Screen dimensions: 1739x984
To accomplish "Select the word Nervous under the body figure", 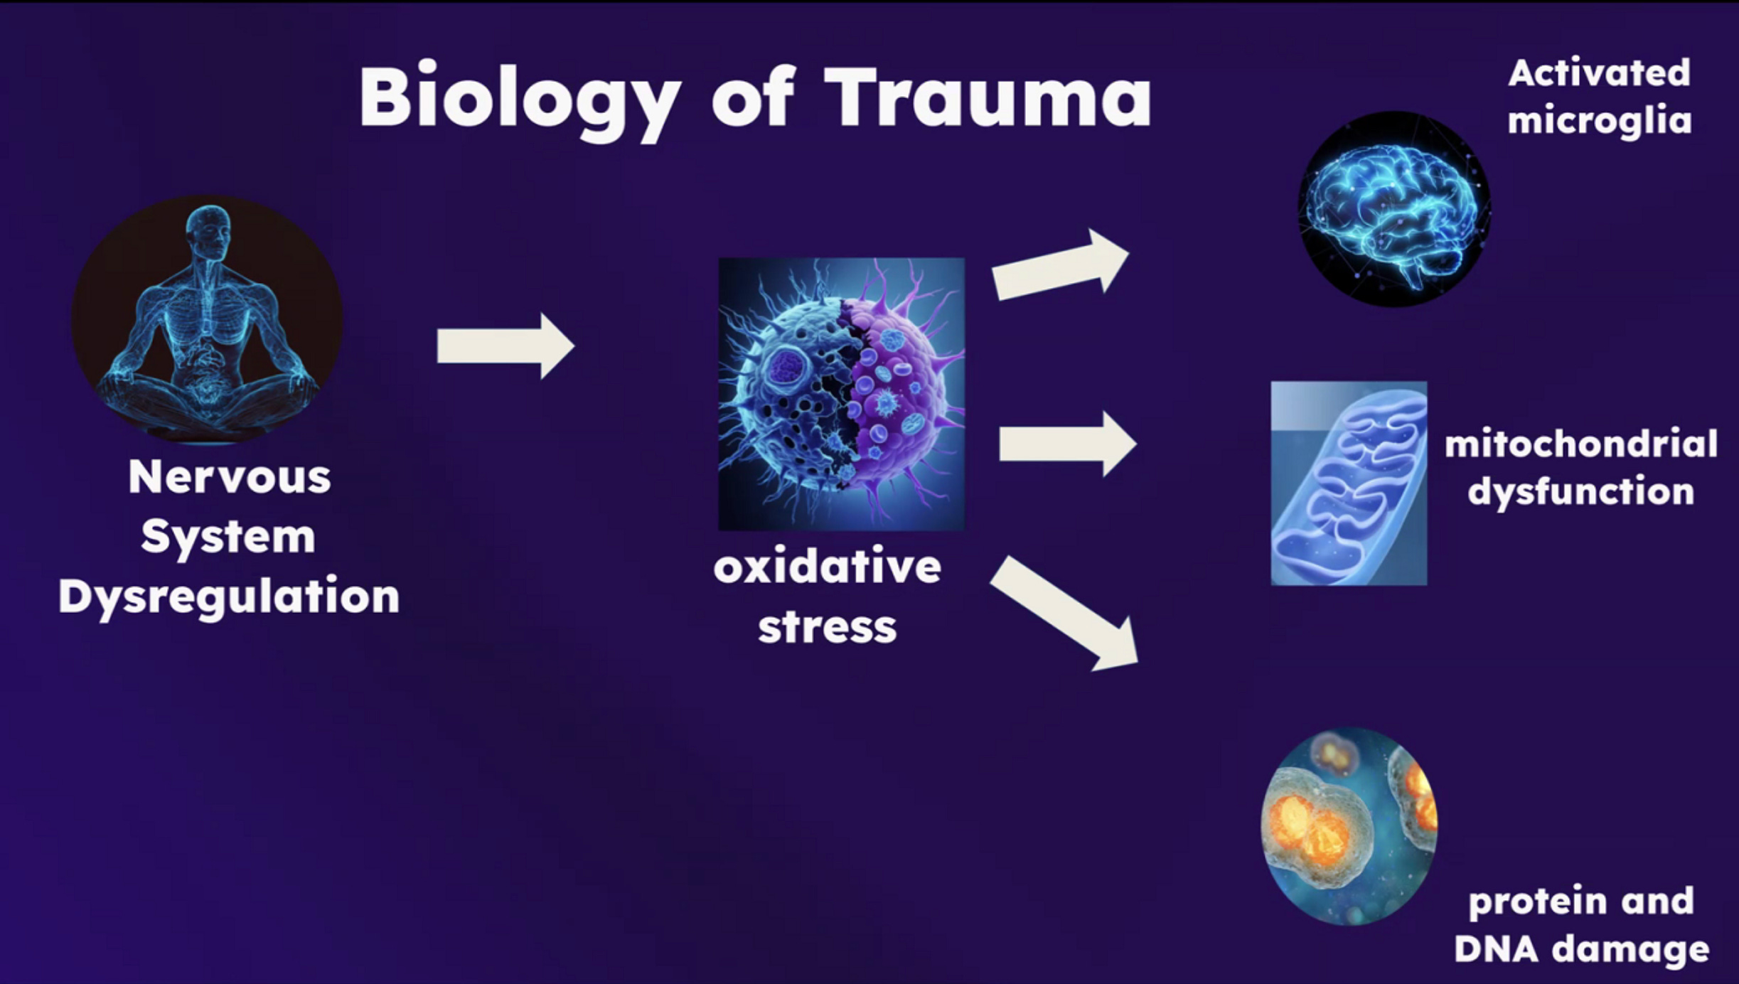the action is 229,476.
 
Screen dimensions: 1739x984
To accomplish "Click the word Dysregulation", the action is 229,596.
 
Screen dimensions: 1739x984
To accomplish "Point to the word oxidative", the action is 828,567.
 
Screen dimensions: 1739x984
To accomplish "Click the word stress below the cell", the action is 828,627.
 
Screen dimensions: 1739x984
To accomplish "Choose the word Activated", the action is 1599,73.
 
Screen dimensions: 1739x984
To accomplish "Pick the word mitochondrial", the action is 1580,444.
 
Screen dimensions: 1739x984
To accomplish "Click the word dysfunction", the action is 1580,491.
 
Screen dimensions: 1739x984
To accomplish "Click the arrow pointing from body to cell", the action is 505,346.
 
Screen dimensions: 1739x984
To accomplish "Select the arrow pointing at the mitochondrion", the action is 1066,444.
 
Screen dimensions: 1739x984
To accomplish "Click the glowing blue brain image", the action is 1393,209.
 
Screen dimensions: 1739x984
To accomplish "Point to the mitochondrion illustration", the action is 1348,483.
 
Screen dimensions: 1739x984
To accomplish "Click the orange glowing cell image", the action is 1348,826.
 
